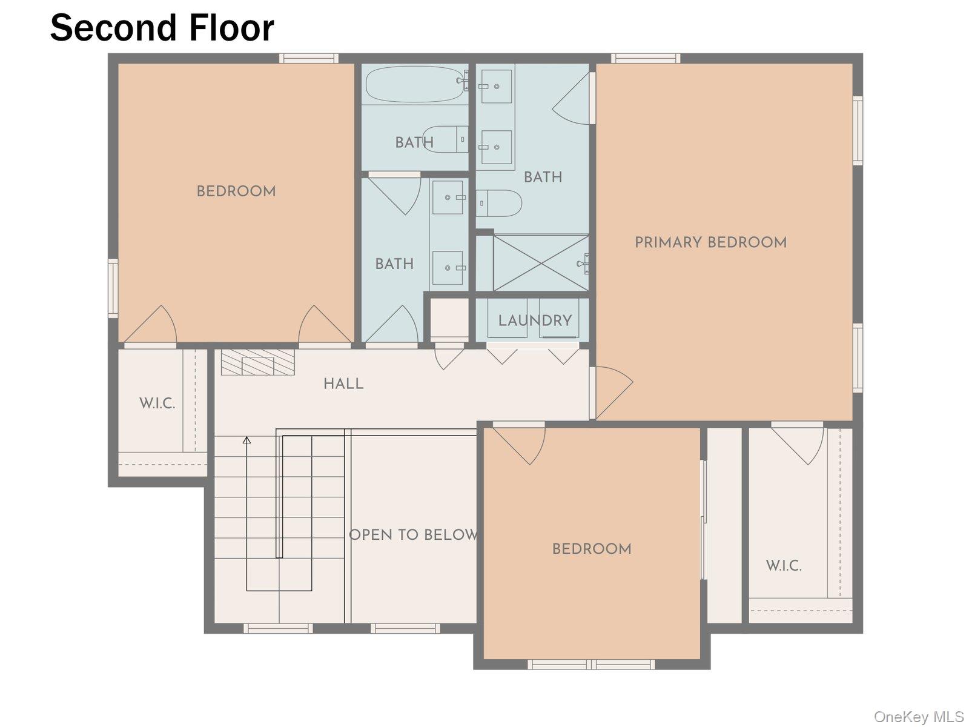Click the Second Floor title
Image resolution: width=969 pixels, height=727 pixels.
(162, 28)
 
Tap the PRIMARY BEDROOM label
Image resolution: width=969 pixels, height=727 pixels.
(710, 242)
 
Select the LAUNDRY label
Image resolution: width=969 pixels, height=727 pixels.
(535, 320)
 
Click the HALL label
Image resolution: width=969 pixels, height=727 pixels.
(343, 383)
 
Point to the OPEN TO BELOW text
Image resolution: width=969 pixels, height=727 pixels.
(414, 535)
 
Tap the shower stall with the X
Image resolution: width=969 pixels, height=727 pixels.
(540, 263)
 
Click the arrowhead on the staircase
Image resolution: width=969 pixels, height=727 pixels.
(246, 440)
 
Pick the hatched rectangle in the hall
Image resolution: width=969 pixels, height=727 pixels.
(257, 362)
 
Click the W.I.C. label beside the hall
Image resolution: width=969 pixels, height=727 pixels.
(157, 403)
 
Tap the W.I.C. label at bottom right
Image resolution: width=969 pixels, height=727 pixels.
(784, 566)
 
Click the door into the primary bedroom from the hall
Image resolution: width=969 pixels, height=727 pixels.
(613, 391)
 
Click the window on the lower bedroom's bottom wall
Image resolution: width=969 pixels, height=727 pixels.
(590, 664)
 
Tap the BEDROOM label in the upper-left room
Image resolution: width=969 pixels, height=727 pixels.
(236, 191)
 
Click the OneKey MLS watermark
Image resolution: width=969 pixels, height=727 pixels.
(918, 717)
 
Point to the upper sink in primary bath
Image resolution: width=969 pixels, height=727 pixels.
(496, 86)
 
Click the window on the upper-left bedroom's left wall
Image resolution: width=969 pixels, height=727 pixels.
(113, 288)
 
